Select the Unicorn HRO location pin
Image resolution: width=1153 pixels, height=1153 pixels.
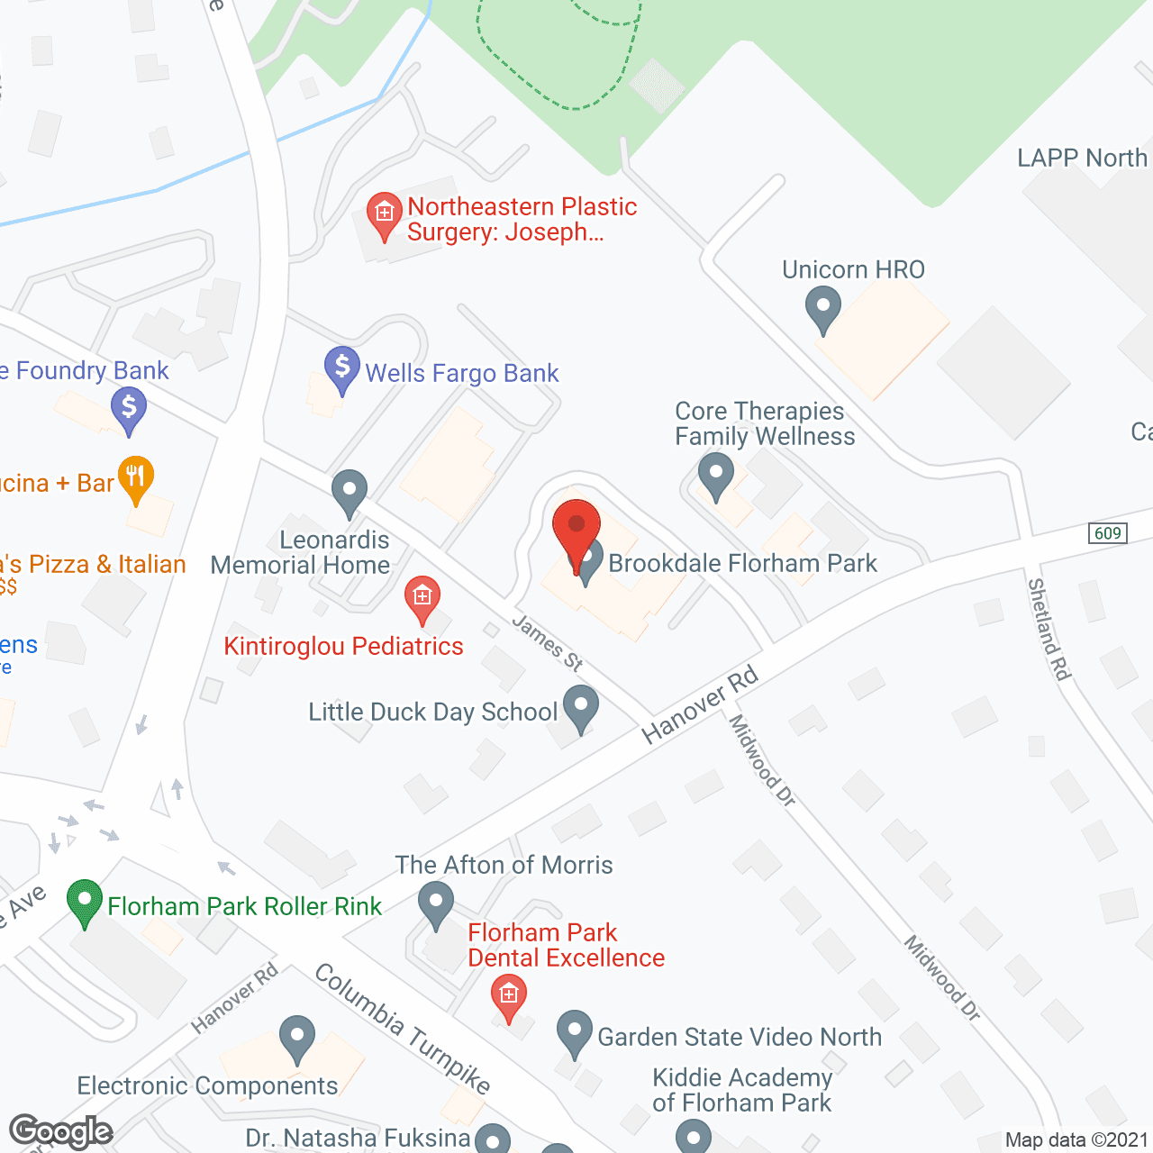[822, 308]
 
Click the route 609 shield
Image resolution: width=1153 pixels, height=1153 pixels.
[1107, 532]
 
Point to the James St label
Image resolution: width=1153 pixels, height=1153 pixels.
[548, 642]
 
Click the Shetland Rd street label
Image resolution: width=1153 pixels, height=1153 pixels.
[1049, 629]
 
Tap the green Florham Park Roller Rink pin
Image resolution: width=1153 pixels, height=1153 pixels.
[85, 902]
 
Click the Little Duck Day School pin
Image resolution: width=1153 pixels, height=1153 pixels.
[581, 707]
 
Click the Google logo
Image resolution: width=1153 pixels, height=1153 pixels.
[61, 1131]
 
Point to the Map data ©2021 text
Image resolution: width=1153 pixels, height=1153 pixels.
[1076, 1139]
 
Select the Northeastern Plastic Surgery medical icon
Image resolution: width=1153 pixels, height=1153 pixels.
[385, 214]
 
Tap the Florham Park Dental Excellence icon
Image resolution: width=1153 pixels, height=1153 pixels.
[509, 996]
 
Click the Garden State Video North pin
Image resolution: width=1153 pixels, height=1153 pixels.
[574, 1032]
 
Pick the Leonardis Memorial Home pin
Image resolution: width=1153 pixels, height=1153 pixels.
[350, 492]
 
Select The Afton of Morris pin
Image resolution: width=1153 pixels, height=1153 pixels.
[436, 903]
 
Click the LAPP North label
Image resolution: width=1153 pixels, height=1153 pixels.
[1082, 158]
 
